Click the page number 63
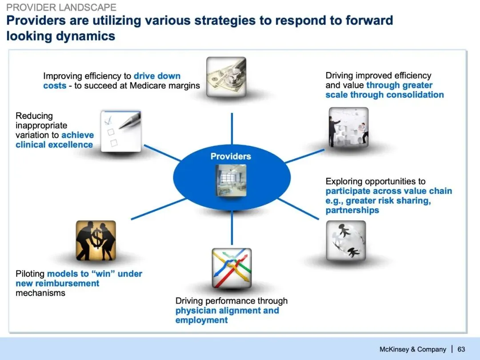point(461,349)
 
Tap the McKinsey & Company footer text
point(412,349)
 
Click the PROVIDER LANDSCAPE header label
point(61,8)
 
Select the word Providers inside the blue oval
point(231,156)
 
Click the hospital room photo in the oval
point(231,180)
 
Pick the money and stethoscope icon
point(226,76)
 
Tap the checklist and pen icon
point(121,131)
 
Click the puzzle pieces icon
point(348,127)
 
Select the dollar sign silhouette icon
point(96,240)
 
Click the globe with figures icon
point(346,240)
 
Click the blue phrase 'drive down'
point(157,76)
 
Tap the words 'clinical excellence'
point(54,144)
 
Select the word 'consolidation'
point(415,95)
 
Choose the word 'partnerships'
point(352,210)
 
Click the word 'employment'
point(201,320)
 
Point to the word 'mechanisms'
point(40,293)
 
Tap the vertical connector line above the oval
point(232,128)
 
